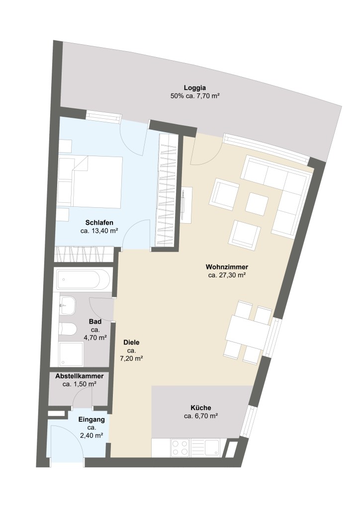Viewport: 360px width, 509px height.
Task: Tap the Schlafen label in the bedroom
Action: (99, 223)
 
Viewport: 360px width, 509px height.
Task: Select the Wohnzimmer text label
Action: (227, 267)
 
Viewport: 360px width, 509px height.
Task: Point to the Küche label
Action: (200, 408)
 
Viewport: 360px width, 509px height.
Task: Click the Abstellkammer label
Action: (80, 376)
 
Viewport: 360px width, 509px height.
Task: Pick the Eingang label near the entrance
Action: (91, 420)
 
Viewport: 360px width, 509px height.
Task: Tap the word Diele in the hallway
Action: (131, 342)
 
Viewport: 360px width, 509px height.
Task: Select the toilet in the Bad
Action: (68, 330)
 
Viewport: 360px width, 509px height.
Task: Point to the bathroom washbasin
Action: (68, 306)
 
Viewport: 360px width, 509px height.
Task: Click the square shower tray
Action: (71, 354)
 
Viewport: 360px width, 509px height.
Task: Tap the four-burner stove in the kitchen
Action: (180, 448)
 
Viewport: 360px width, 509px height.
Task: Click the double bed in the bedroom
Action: (90, 182)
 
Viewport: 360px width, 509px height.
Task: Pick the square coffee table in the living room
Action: (257, 204)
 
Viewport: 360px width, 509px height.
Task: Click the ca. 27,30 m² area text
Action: (227, 275)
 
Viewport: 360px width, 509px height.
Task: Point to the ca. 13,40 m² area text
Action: (99, 231)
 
